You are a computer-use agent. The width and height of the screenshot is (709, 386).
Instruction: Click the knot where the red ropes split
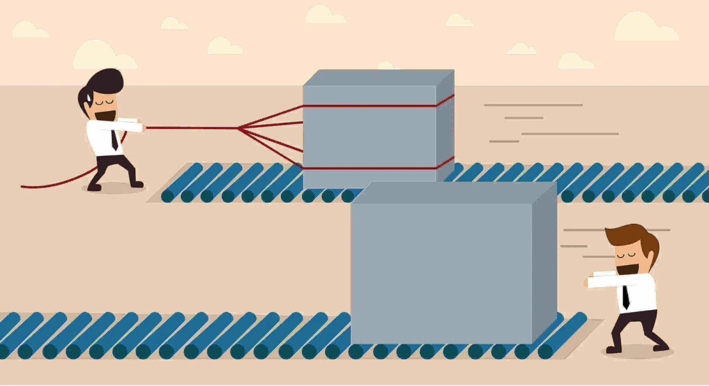pos(239,128)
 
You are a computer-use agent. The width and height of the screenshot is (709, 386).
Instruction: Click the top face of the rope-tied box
pos(377,77)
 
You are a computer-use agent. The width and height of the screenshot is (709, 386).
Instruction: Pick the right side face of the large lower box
pos(544,264)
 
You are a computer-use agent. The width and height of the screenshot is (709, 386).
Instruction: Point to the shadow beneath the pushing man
pos(637,352)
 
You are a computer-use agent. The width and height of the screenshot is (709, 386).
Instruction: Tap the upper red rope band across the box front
pos(369,106)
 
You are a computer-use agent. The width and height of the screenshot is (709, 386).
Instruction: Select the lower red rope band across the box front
pos(369,169)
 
